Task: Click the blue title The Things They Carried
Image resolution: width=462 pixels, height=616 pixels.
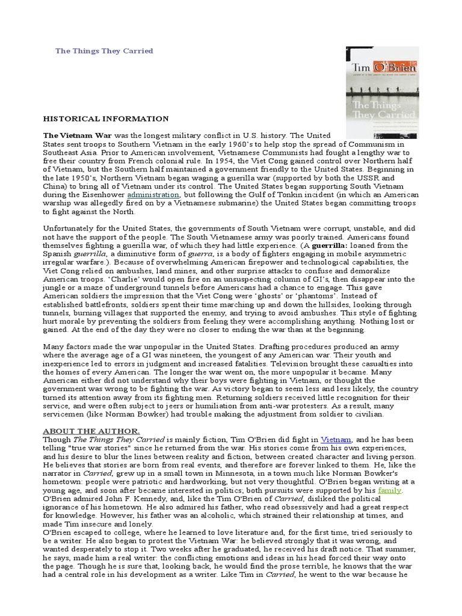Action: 104,51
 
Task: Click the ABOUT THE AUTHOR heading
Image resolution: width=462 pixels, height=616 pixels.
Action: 91,431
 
